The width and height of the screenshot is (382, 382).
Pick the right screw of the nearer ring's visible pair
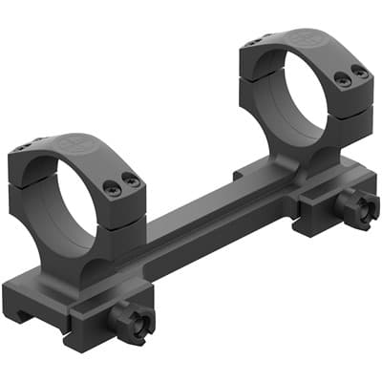pyautogui.click(x=133, y=180)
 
